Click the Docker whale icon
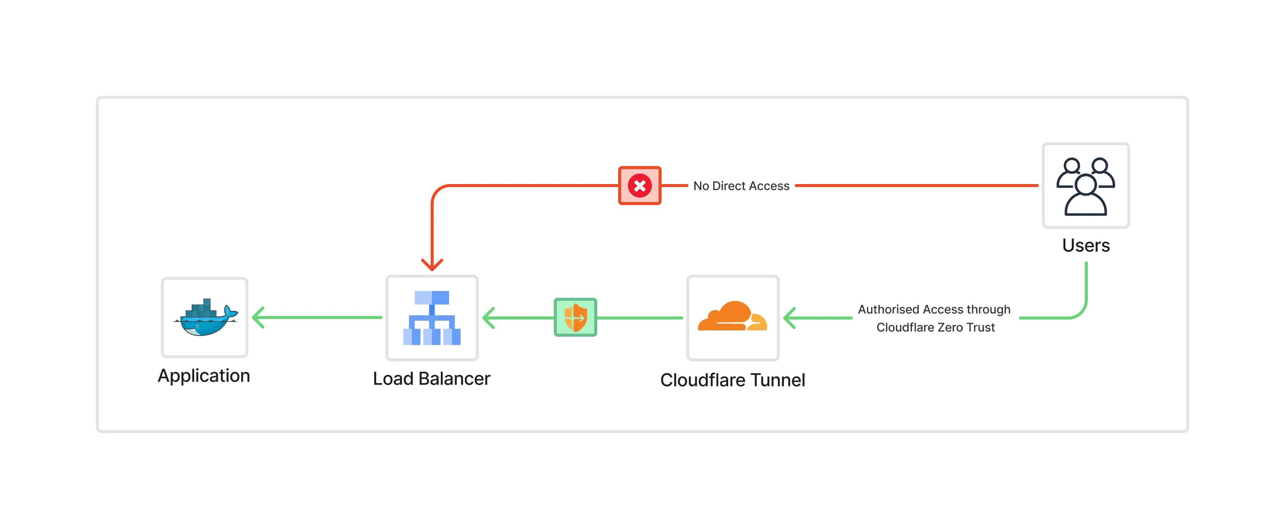click(x=205, y=318)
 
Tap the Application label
click(x=204, y=376)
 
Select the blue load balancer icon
click(x=431, y=318)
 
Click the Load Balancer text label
click(x=431, y=379)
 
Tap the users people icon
click(x=1086, y=186)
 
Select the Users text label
click(x=1086, y=245)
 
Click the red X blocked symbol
click(x=640, y=186)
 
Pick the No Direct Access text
click(x=741, y=186)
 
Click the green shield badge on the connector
click(x=575, y=317)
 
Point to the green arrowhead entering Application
click(x=257, y=318)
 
